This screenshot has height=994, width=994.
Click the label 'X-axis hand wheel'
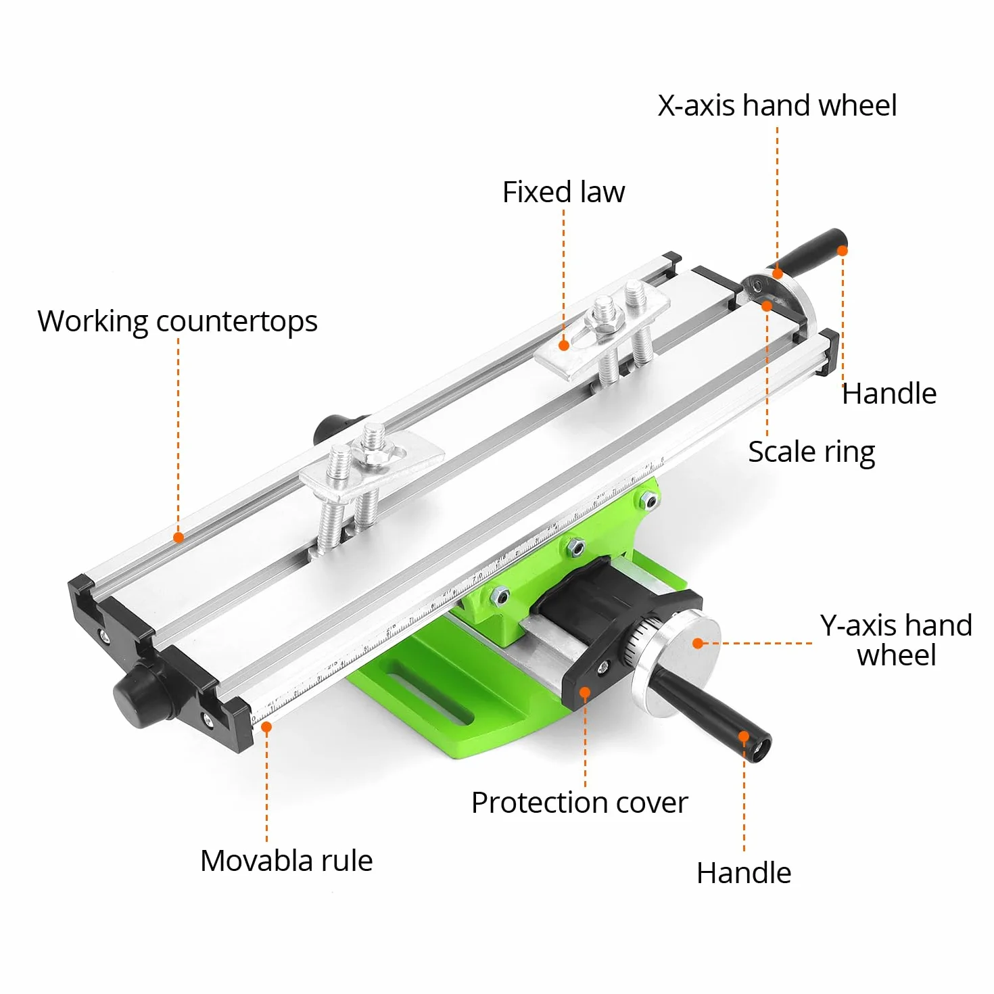coord(777,105)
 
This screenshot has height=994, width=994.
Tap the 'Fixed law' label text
coord(563,192)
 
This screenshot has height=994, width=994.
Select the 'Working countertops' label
coord(177,322)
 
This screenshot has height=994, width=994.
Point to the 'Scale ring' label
coord(811,452)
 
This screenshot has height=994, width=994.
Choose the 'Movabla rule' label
coord(286,860)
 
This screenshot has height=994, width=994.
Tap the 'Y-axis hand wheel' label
coord(896,640)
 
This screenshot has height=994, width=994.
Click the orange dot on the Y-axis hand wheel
coord(698,643)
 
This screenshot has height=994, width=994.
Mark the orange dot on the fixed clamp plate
coord(564,345)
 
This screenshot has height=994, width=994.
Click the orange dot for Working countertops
coord(179,538)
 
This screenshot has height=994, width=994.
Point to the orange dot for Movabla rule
coord(266,727)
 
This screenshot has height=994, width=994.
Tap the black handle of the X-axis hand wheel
coord(809,253)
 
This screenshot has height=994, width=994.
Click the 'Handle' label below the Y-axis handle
coord(744,873)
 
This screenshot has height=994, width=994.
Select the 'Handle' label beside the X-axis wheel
coord(889,394)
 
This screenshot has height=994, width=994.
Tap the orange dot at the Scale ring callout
coord(767,306)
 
